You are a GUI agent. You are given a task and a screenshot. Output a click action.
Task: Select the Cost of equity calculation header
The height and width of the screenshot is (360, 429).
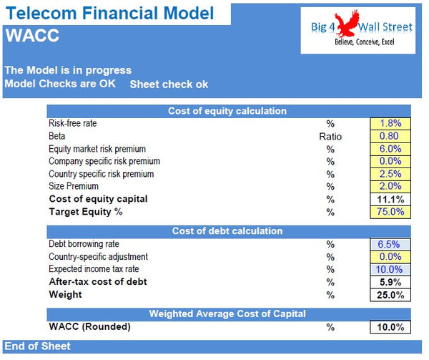point(227,111)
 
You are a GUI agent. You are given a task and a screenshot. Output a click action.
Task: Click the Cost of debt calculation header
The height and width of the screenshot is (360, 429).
point(227,231)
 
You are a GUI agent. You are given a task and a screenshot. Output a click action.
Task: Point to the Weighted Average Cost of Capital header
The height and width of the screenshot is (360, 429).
point(227,314)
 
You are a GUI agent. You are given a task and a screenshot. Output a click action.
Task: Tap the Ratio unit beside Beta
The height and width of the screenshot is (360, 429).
point(330,136)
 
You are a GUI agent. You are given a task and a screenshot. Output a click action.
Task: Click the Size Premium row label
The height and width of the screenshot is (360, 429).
point(74,186)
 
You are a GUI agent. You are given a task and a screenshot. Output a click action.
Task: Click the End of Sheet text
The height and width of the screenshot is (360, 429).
point(38,346)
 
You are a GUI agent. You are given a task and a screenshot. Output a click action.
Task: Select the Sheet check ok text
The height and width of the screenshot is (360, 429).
point(169,84)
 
